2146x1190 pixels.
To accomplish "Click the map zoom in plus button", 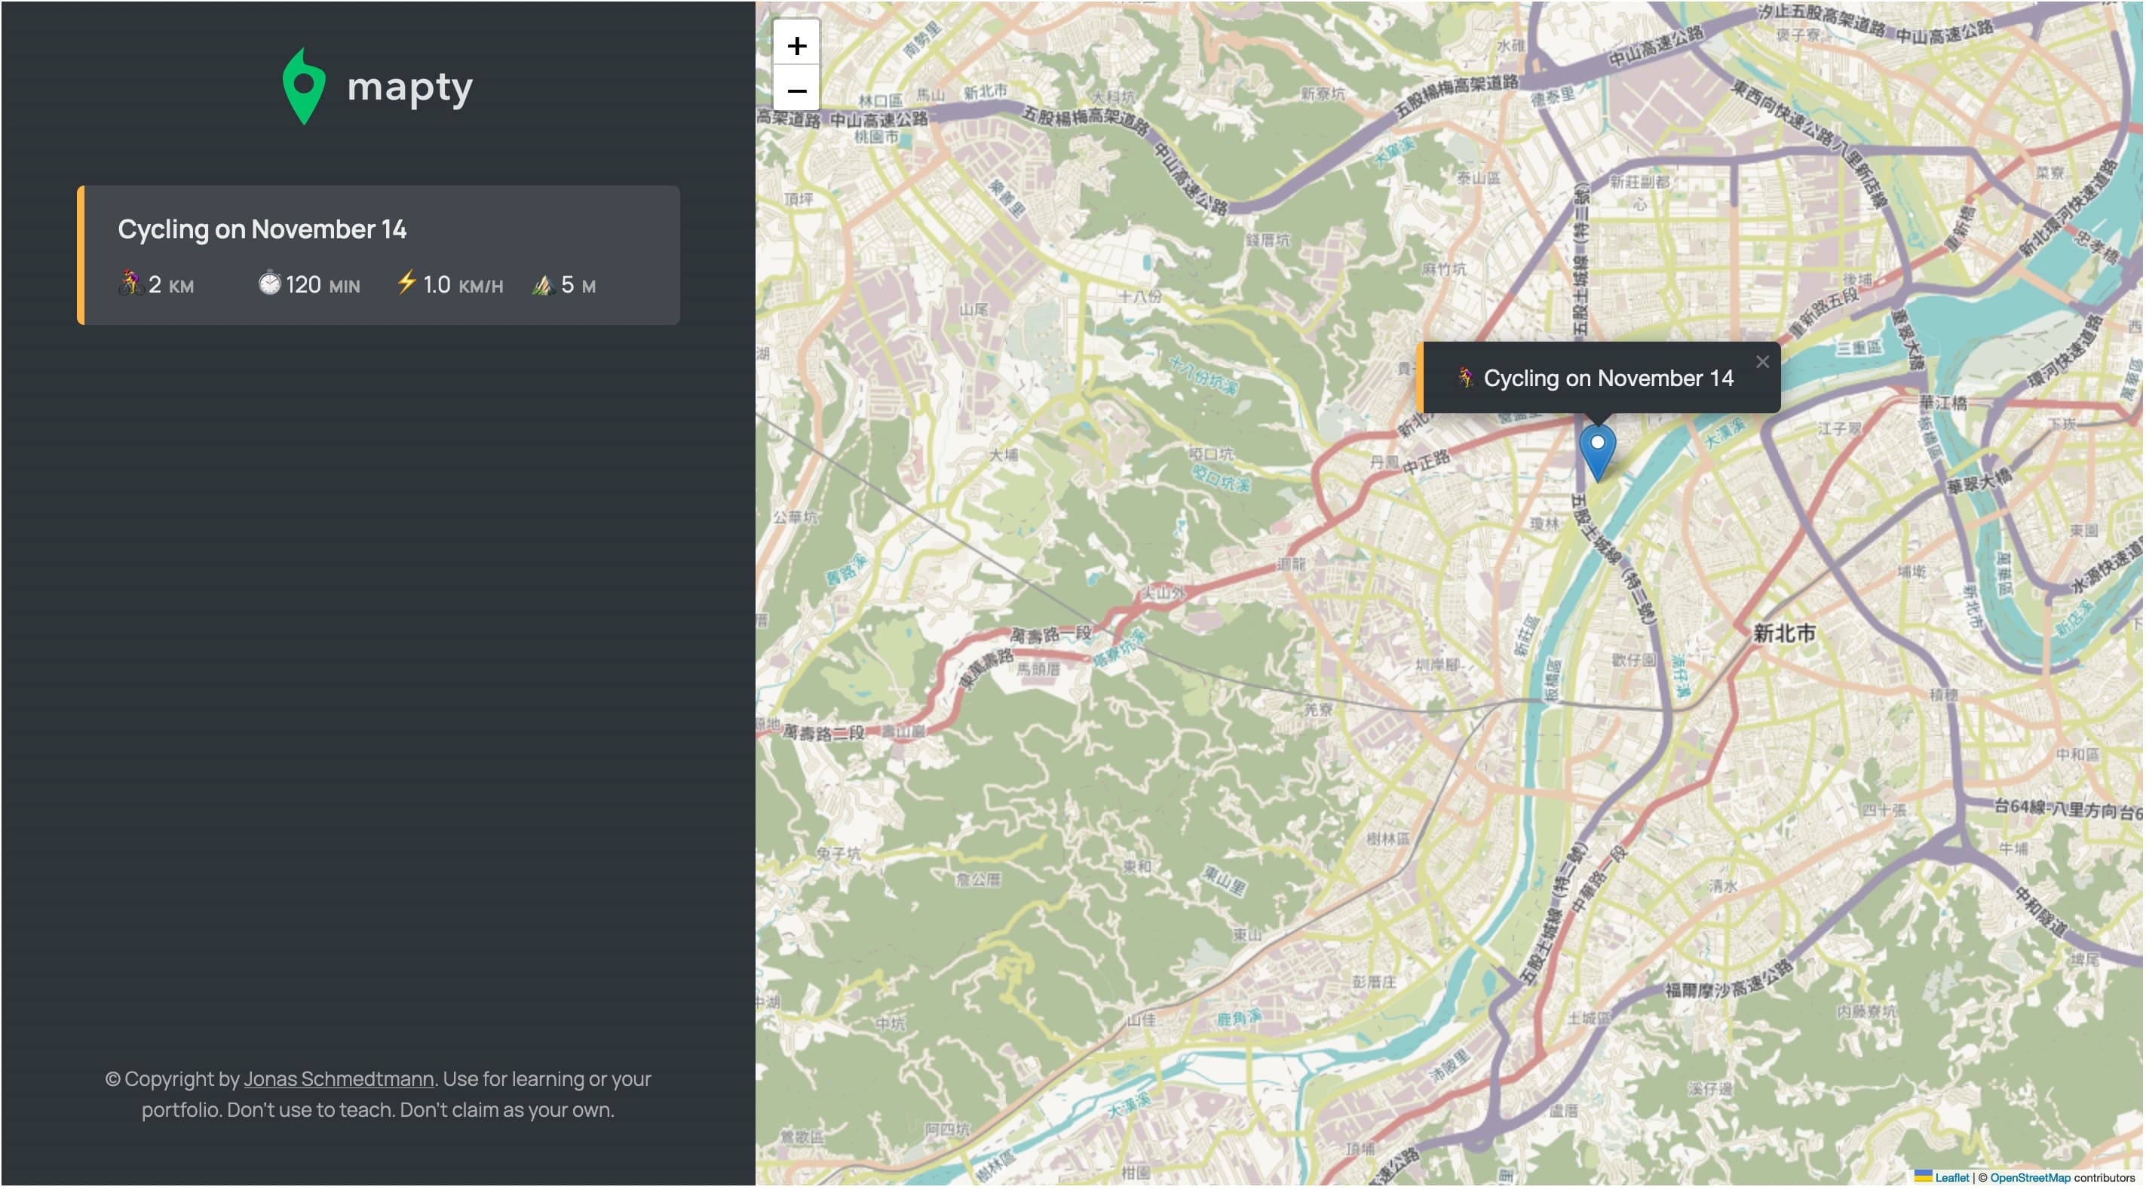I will point(796,45).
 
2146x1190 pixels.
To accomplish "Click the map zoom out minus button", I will point(796,90).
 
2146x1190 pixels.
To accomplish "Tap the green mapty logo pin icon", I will point(303,87).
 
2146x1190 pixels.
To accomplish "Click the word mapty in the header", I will point(410,87).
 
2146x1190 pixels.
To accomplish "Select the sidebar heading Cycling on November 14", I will point(262,229).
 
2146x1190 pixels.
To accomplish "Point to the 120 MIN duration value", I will point(323,285).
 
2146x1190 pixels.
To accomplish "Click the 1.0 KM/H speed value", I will point(462,285).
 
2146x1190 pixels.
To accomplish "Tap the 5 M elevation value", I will point(578,285).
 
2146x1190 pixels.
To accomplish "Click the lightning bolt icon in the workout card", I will point(406,283).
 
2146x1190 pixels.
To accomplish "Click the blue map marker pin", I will point(1597,450).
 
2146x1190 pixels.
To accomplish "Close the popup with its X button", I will point(1762,362).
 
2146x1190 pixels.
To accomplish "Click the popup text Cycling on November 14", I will point(1608,379).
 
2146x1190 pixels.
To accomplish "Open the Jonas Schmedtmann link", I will point(339,1079).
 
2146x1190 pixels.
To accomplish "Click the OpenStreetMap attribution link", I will point(2029,1177).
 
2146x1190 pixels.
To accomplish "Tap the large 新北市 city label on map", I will point(1783,633).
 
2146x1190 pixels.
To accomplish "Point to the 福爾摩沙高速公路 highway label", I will point(1728,981).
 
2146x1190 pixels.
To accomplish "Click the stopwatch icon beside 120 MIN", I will point(269,284).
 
